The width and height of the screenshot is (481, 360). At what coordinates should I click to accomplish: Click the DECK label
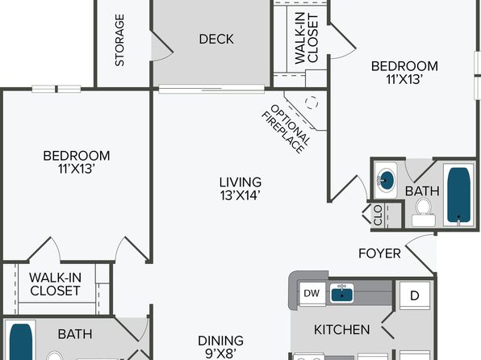click(x=216, y=39)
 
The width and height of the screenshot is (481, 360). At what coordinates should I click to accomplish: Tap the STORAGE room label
click(x=119, y=40)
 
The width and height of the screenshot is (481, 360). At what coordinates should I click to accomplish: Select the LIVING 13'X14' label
click(x=240, y=189)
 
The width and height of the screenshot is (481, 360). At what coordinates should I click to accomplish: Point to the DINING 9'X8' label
click(x=220, y=347)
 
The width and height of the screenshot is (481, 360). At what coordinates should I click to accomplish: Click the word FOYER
click(x=379, y=253)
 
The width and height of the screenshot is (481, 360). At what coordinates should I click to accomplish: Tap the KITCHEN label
click(x=341, y=329)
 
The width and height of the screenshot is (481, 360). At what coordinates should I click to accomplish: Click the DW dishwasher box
click(x=312, y=293)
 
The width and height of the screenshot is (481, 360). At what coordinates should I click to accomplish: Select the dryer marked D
click(x=415, y=295)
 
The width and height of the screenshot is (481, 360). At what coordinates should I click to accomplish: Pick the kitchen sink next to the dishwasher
click(x=341, y=292)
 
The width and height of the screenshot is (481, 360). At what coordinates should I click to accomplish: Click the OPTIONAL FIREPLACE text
click(x=286, y=129)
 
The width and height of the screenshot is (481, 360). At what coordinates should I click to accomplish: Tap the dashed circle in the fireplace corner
click(x=312, y=103)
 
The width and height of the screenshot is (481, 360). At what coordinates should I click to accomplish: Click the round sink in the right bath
click(x=386, y=180)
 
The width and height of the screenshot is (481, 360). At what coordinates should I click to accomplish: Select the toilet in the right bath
click(x=424, y=211)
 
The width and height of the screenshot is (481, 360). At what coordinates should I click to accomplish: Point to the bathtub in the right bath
click(x=458, y=195)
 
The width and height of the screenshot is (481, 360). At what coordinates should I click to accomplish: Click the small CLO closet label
click(x=379, y=215)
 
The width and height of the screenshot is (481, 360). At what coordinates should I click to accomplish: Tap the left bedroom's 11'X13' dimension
click(x=76, y=169)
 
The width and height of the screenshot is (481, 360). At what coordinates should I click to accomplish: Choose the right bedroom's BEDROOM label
click(x=404, y=66)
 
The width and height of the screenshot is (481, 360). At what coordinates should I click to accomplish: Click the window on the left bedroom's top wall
click(x=56, y=89)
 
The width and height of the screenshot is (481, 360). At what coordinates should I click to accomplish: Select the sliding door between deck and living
click(x=211, y=89)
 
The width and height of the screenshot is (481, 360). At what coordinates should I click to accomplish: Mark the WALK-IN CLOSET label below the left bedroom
click(x=55, y=284)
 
